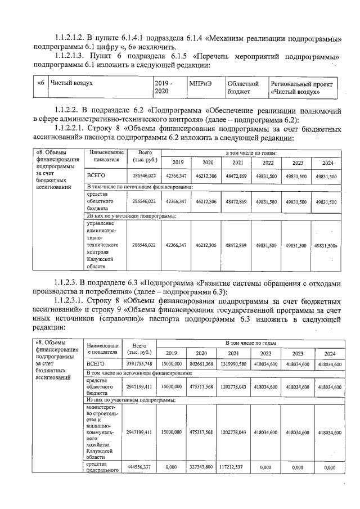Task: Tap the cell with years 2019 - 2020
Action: click(x=164, y=87)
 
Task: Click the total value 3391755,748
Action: click(x=139, y=364)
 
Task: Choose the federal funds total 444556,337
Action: click(x=139, y=467)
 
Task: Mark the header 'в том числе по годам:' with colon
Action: click(x=251, y=152)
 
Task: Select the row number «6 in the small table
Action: click(x=40, y=83)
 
